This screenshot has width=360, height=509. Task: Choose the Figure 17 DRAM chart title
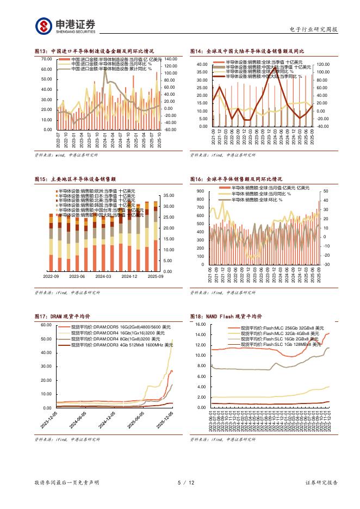62,316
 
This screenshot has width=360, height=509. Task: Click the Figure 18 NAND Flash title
226,316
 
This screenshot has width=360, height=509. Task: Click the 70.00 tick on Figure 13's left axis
46,59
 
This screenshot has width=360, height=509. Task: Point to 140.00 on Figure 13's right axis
170,59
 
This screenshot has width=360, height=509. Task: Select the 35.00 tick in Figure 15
168,195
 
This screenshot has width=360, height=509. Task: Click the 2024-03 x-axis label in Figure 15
103,276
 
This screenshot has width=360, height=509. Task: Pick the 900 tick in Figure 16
200,191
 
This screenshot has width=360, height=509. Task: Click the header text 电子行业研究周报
313,29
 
